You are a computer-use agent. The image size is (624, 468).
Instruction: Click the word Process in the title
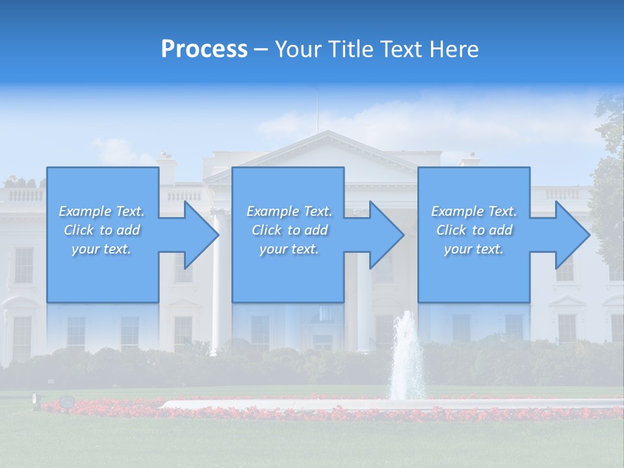click(x=204, y=49)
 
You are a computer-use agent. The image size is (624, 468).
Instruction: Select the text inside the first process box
click(x=101, y=230)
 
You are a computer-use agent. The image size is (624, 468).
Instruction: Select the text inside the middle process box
click(x=289, y=230)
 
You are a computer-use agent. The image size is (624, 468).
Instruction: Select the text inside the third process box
click(x=473, y=230)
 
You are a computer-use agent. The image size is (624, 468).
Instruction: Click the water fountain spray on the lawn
click(x=407, y=357)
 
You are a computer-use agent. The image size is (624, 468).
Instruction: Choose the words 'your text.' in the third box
click(x=473, y=249)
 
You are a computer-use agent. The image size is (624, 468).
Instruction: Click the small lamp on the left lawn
click(x=66, y=402)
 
